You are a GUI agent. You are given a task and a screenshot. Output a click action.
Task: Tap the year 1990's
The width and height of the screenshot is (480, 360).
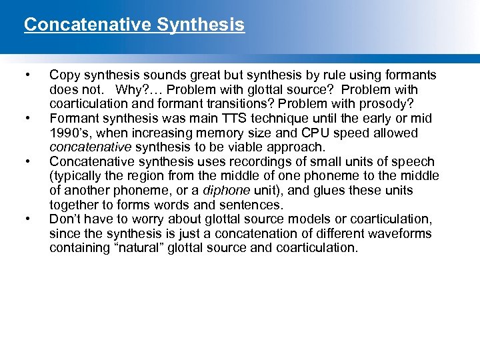pos(69,133)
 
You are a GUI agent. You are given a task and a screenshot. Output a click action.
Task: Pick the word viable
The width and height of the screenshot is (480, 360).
pos(241,147)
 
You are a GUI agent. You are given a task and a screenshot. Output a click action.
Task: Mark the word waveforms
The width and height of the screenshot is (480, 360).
pos(401,234)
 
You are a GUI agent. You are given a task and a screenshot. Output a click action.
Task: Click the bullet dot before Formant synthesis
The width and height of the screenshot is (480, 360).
pos(26,119)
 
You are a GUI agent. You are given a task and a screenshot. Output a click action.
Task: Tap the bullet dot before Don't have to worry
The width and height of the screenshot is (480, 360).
pos(26,219)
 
